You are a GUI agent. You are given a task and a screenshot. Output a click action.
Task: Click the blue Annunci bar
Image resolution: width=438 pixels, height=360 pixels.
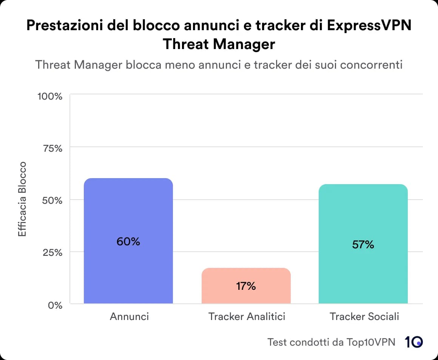128,211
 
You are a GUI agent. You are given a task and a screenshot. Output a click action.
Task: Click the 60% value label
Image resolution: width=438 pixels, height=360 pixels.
128,242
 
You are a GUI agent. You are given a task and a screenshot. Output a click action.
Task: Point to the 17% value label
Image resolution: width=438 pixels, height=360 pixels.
246,286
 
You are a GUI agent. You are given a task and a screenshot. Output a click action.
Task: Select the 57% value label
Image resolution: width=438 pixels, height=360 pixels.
363,245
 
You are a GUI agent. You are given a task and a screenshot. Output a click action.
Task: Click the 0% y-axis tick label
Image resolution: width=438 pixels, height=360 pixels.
55,305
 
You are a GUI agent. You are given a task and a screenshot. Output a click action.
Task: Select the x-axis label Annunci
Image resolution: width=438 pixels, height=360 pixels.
129,316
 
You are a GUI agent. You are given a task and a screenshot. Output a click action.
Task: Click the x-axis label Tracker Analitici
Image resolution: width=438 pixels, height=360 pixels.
247,316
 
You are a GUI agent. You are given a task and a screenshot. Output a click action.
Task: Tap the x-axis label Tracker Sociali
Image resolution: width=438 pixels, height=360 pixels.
364,316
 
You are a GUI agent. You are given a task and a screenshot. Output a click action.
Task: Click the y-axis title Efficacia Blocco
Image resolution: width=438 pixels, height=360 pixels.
23,199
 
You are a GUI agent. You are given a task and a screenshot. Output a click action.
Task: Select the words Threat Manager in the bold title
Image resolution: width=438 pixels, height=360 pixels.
219,44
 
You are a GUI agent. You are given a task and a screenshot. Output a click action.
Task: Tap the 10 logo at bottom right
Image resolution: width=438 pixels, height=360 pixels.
413,342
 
